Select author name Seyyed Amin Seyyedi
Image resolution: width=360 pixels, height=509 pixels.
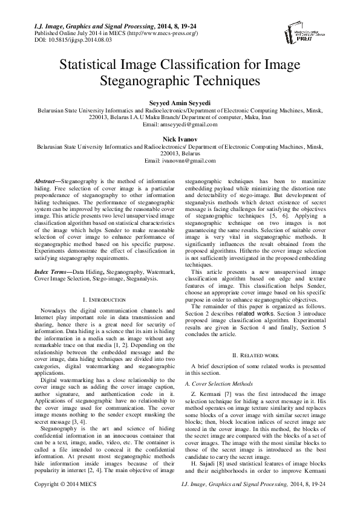(x=180, y=102)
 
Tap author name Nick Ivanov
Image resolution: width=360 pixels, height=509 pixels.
(x=180, y=138)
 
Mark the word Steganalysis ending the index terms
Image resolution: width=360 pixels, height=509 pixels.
(x=139, y=280)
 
